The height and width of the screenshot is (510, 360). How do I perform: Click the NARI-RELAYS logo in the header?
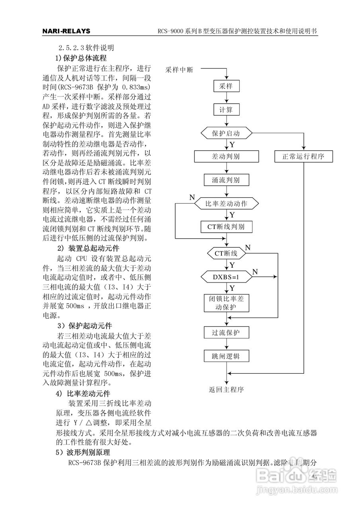(x=66, y=31)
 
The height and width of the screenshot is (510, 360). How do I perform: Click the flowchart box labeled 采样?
(x=226, y=86)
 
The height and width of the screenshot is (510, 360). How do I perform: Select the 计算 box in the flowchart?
(x=226, y=110)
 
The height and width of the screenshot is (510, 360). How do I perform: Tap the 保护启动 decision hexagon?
(x=227, y=133)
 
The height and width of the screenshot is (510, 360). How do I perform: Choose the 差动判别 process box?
(x=227, y=157)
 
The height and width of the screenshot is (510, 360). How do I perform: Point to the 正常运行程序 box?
(x=303, y=157)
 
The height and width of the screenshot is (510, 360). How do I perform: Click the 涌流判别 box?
(x=227, y=180)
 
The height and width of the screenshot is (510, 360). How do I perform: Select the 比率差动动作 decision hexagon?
(x=227, y=203)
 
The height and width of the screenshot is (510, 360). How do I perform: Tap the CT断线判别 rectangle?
(x=227, y=227)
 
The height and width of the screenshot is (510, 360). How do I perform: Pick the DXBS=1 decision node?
(x=227, y=277)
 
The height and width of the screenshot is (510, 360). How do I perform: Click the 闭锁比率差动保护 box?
(x=227, y=303)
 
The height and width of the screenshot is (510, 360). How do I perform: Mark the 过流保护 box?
(x=227, y=333)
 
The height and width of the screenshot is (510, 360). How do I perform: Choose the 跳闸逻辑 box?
(x=227, y=356)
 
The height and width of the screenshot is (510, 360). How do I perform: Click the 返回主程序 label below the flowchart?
(x=226, y=390)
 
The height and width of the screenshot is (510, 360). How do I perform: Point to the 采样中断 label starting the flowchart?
(x=179, y=70)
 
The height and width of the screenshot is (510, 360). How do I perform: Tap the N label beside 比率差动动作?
(x=192, y=197)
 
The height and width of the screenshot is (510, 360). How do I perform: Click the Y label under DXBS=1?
(x=232, y=288)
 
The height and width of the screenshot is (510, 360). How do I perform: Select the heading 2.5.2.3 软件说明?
(x=86, y=48)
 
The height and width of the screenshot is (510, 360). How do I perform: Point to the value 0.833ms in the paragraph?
(x=136, y=87)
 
